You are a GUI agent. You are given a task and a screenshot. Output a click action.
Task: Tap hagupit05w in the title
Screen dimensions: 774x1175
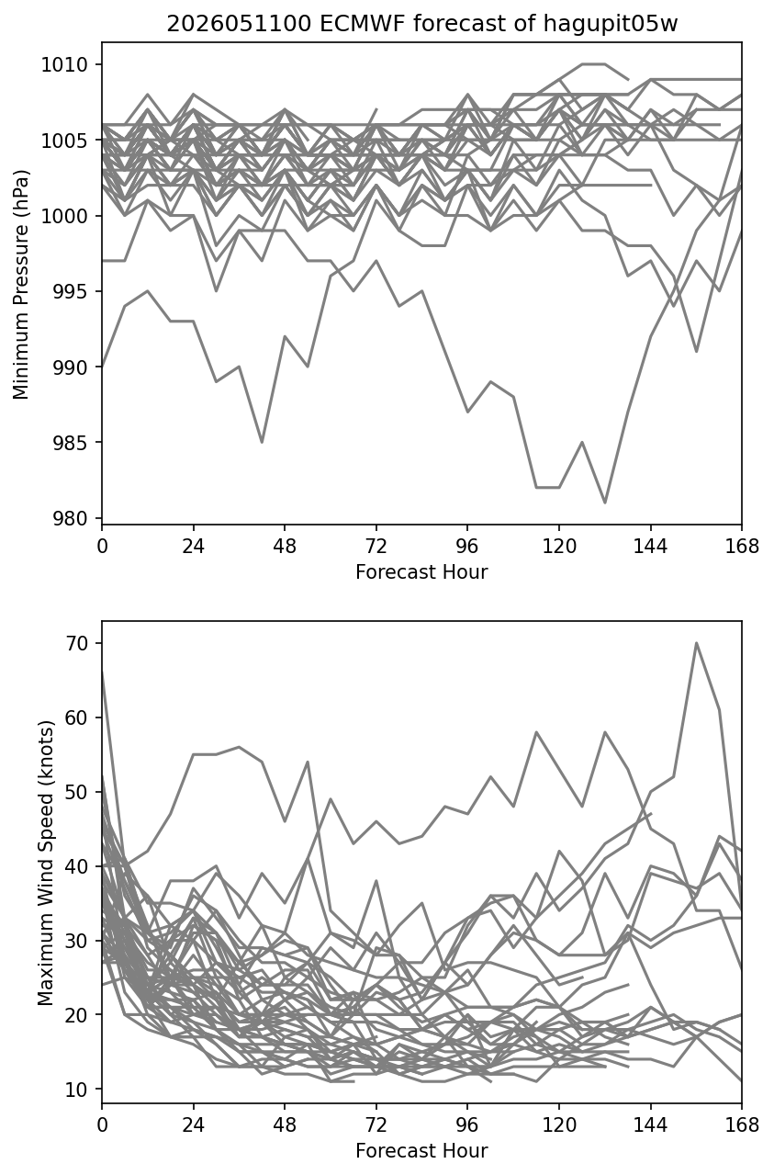tap(611, 25)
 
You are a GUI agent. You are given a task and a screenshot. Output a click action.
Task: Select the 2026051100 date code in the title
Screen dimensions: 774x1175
tap(239, 24)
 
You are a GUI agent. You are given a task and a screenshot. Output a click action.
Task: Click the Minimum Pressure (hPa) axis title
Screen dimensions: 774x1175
tap(21, 284)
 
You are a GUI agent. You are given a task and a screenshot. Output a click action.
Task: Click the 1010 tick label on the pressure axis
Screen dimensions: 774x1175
tap(64, 65)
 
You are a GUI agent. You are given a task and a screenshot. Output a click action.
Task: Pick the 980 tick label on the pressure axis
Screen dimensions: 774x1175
tap(70, 518)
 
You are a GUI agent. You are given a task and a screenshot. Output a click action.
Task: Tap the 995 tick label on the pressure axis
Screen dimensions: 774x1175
tap(70, 291)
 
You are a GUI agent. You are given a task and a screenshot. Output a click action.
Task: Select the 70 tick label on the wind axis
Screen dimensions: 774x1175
tap(76, 643)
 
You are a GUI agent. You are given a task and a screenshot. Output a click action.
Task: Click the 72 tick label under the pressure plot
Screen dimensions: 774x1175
tap(376, 547)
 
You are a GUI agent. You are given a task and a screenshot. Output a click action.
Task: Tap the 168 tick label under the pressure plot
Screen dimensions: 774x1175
tap(742, 547)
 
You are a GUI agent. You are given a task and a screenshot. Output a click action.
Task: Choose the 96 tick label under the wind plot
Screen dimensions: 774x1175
tap(467, 1125)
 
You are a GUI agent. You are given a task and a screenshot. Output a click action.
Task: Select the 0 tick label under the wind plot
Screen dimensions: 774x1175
tap(102, 1125)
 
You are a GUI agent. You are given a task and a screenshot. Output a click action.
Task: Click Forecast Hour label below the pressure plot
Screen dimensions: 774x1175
tap(421, 571)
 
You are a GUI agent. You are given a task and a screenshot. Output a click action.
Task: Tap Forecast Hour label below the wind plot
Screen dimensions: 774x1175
tap(421, 1151)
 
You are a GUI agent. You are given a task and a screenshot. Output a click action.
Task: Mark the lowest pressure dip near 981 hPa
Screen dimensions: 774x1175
tap(605, 503)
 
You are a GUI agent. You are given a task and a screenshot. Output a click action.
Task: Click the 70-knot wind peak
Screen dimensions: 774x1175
tap(696, 643)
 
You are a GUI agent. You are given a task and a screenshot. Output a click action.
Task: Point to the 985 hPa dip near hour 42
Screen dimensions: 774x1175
tap(263, 442)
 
